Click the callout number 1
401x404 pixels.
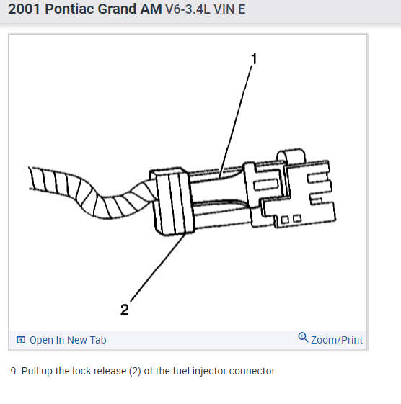pyautogui.click(x=254, y=59)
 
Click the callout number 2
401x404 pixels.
pyautogui.click(x=124, y=310)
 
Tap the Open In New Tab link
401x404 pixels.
pyautogui.click(x=68, y=340)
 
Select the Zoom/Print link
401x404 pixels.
pyautogui.click(x=337, y=340)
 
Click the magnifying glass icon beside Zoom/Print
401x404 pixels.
pyautogui.click(x=303, y=337)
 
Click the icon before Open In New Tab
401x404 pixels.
pyautogui.click(x=21, y=340)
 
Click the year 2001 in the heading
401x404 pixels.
pyautogui.click(x=25, y=9)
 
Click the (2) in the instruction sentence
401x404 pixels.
pyautogui.click(x=135, y=372)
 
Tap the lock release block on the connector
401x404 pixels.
pyautogui.click(x=172, y=202)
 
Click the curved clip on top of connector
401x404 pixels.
pyautogui.click(x=291, y=156)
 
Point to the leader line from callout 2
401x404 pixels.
pyautogui.click(x=158, y=267)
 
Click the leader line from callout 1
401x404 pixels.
pyautogui.click(x=235, y=122)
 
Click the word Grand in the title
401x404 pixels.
pyautogui.click(x=118, y=9)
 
